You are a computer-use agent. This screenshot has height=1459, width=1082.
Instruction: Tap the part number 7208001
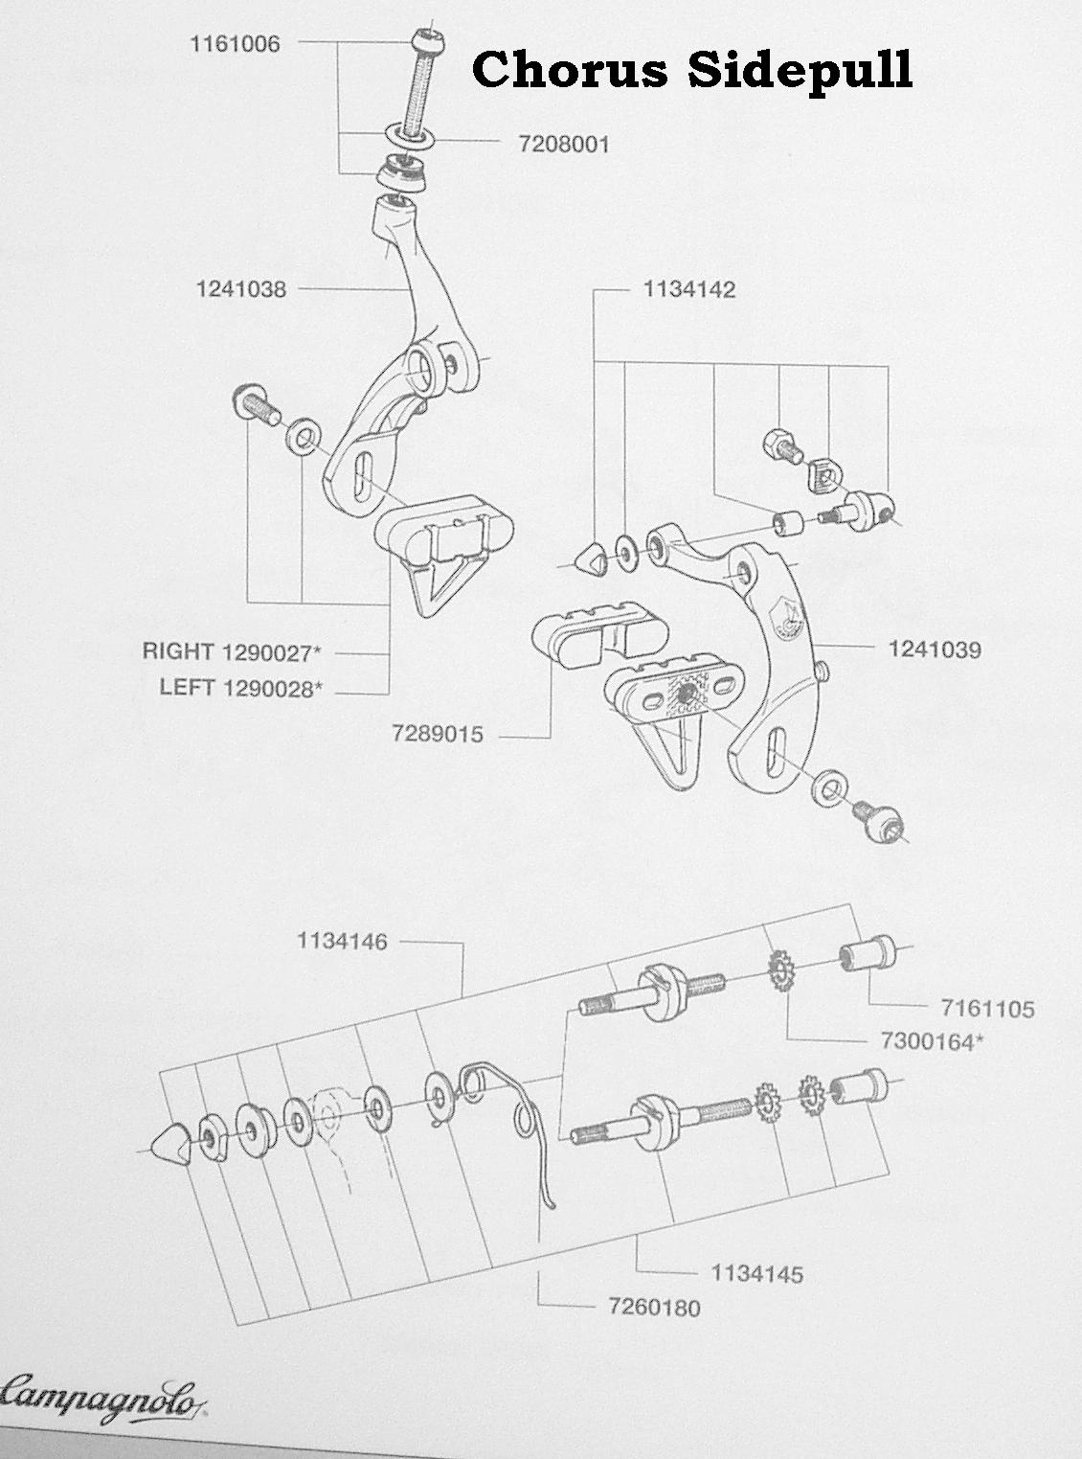(563, 145)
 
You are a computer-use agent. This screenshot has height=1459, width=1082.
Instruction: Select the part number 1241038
(241, 288)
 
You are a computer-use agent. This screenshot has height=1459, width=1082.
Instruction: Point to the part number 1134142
(688, 289)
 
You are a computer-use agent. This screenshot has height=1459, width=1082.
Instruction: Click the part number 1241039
(935, 650)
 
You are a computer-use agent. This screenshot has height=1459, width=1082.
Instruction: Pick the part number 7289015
(438, 736)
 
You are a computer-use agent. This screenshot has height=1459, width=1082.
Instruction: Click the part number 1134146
(342, 942)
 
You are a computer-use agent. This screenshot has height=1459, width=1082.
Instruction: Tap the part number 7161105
(987, 1008)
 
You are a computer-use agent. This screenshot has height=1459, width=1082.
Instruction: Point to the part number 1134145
(756, 1274)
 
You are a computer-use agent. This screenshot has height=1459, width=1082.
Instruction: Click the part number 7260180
(654, 1308)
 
